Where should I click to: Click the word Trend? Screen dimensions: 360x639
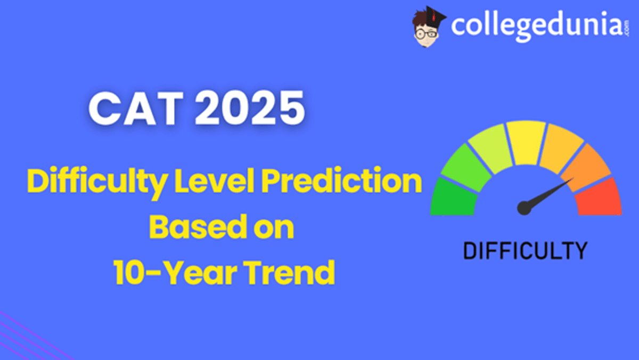coord(288,273)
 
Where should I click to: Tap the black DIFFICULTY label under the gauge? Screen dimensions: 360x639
coord(525,250)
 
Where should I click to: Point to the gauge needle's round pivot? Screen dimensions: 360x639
coord(525,207)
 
